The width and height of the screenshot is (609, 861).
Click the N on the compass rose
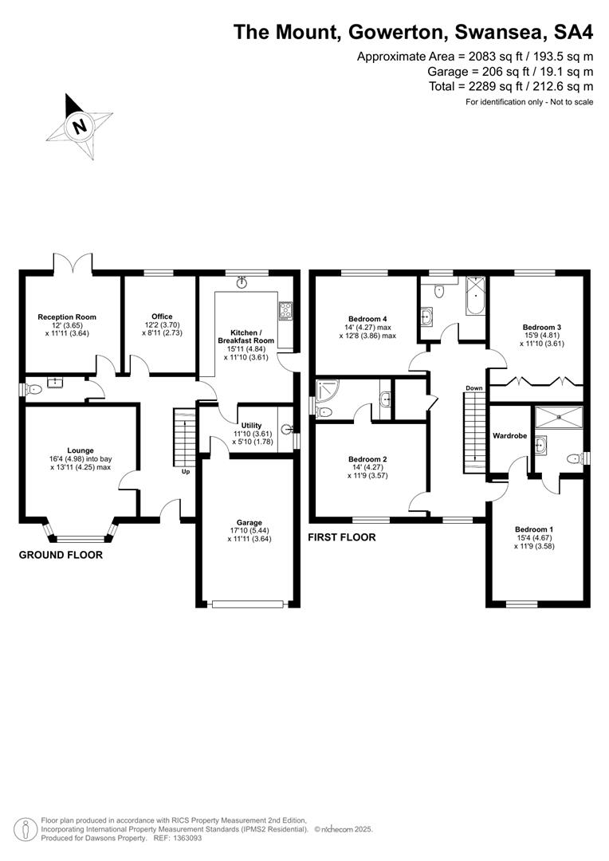81,126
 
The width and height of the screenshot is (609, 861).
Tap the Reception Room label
67,316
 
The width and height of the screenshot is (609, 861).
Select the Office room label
162,316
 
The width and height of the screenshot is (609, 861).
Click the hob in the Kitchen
285,311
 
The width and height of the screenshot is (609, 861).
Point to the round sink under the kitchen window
242,282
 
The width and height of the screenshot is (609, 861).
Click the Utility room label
252,425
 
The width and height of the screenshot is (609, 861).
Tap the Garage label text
249,522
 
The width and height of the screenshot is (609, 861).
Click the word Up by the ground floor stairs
186,471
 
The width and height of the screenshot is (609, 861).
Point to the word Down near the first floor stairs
474,388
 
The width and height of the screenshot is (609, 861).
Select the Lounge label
81,450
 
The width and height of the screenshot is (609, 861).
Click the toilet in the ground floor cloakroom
34,389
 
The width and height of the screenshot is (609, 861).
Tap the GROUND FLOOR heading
61,555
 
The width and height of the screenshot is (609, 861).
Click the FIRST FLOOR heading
342,537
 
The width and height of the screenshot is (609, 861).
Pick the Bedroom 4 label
368,319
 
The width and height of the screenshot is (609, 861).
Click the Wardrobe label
509,435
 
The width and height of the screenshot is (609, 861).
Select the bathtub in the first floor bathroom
476,296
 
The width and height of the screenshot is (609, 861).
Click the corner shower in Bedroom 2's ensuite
328,390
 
